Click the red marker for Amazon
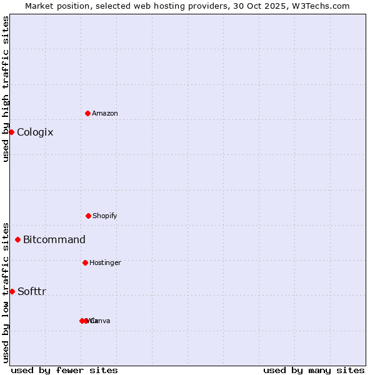coord(87,113)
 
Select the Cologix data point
coord(11,132)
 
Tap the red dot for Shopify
coord(88,216)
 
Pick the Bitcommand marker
coord(17,239)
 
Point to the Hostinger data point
coord(85,262)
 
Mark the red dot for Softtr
coord(12,291)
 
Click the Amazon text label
coord(105,113)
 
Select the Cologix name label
coord(35,132)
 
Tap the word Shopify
coord(105,216)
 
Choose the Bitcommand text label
coord(54,239)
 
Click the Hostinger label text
coord(105,262)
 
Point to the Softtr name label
coord(32,291)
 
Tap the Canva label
coord(100,321)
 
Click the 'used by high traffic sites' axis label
coord(6,89)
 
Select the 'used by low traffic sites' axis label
coord(6,292)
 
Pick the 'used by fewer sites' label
coord(64,370)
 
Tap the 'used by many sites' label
coord(314,370)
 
